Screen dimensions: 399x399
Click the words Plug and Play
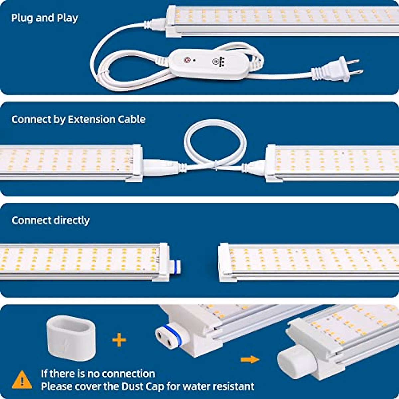(x=45, y=18)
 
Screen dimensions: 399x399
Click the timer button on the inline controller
(x=216, y=62)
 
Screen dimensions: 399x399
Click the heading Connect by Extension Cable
(x=78, y=119)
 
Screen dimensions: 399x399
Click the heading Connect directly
(x=51, y=220)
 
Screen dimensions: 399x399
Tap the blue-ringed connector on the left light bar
(x=175, y=266)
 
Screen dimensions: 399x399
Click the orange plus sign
(x=119, y=340)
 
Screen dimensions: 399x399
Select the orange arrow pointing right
(x=250, y=359)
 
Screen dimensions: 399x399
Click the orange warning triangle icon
(x=22, y=380)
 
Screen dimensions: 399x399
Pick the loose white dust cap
(x=71, y=338)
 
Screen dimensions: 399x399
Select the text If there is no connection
(x=98, y=374)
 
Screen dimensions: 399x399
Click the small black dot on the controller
(x=194, y=61)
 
